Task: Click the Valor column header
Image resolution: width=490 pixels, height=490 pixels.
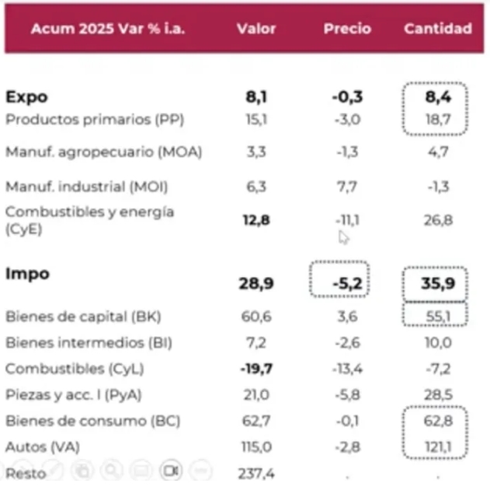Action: [256, 29]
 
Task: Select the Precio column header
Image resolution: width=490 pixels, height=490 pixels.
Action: [347, 29]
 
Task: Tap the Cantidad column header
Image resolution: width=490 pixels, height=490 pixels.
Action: [438, 29]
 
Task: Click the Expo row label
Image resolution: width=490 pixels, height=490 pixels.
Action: [26, 97]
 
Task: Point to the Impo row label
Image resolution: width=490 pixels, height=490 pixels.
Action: [27, 274]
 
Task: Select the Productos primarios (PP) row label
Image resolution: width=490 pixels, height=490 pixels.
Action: [94, 120]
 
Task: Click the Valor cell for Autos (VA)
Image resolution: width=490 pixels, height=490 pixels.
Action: [256, 447]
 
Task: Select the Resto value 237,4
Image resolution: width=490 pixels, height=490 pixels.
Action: [256, 472]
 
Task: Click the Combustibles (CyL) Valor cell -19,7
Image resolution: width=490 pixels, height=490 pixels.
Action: [256, 368]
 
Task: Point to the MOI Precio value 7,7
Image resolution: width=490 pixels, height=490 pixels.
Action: [347, 187]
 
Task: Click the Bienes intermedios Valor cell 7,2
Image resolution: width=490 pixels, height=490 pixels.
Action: [256, 342]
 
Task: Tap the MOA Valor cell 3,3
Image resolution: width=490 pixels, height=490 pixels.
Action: [256, 152]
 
